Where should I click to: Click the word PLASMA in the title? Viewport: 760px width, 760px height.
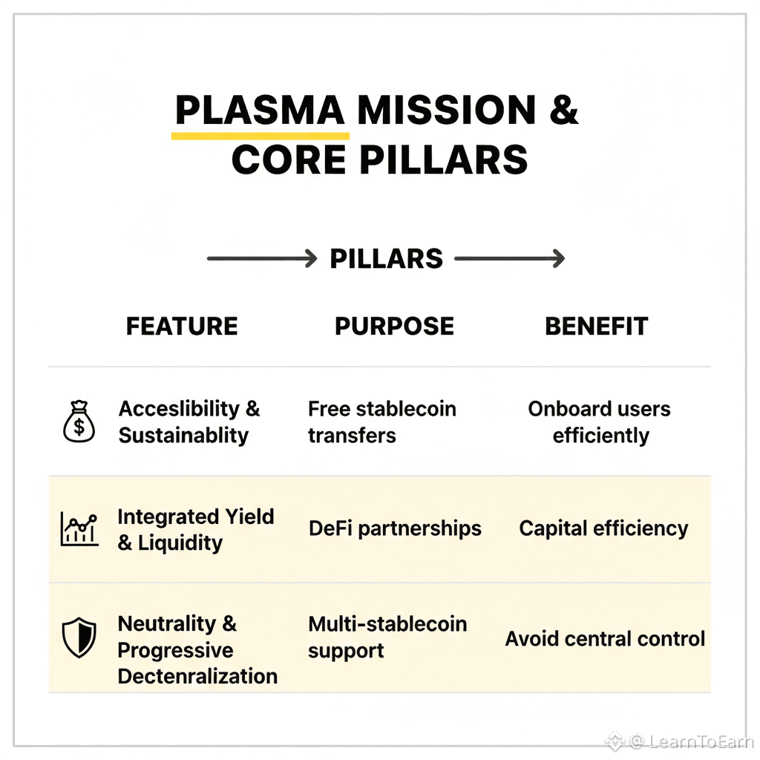click(260, 111)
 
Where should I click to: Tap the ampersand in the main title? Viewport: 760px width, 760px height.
click(564, 111)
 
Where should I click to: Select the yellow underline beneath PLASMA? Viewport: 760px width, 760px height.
click(260, 136)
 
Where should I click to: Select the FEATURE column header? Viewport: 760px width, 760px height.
click(182, 327)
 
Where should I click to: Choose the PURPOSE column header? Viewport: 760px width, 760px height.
click(394, 327)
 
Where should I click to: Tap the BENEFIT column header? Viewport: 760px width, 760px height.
click(596, 327)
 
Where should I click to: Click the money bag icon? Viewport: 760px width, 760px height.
click(79, 422)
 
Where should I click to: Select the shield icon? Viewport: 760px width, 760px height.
click(79, 638)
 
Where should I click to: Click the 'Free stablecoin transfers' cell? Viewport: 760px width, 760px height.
click(381, 422)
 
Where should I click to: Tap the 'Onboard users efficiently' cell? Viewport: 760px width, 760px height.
click(600, 422)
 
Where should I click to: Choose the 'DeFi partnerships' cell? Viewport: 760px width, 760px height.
click(395, 529)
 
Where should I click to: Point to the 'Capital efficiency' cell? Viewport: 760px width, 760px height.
click(603, 529)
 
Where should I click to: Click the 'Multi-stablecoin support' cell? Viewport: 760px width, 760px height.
click(387, 637)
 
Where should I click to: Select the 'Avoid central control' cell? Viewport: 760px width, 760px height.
click(605, 639)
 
